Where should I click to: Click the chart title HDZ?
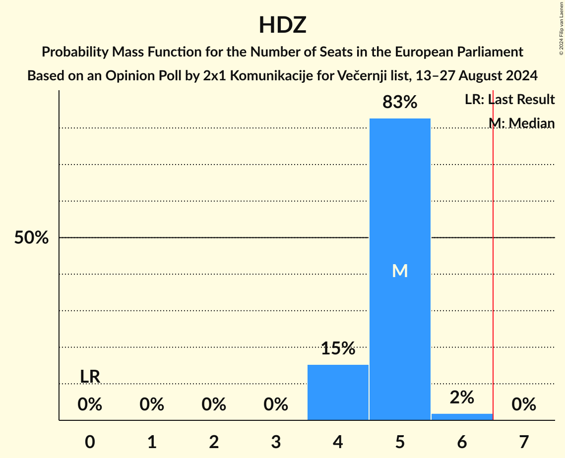282,25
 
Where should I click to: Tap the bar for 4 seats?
338,392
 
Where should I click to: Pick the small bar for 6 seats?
462,417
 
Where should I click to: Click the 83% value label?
400,102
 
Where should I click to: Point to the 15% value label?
338,348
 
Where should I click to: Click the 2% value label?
462,397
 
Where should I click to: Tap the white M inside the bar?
400,271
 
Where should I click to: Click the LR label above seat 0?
90,377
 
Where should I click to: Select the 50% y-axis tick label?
31,238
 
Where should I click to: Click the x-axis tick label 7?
524,442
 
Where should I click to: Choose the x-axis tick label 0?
90,442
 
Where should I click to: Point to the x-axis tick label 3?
276,442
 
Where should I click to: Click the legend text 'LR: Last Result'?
509,100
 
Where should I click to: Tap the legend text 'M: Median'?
521,123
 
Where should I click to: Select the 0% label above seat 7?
524,405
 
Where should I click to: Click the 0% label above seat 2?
214,405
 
